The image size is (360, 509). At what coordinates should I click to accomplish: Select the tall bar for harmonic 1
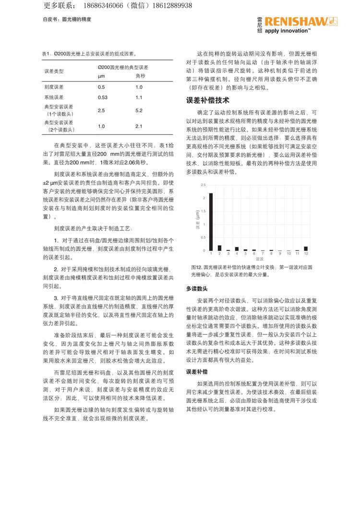[211, 222]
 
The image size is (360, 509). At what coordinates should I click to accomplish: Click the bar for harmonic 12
[306, 249]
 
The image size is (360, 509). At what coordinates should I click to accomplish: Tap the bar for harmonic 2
[219, 248]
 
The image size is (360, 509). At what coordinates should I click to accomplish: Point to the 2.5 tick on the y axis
[203, 185]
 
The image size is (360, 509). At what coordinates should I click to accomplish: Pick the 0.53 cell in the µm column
[103, 97]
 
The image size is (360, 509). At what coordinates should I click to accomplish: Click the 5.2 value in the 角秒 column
[139, 111]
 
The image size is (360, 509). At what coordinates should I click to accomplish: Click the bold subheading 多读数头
[197, 289]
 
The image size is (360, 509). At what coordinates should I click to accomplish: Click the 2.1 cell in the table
[139, 127]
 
